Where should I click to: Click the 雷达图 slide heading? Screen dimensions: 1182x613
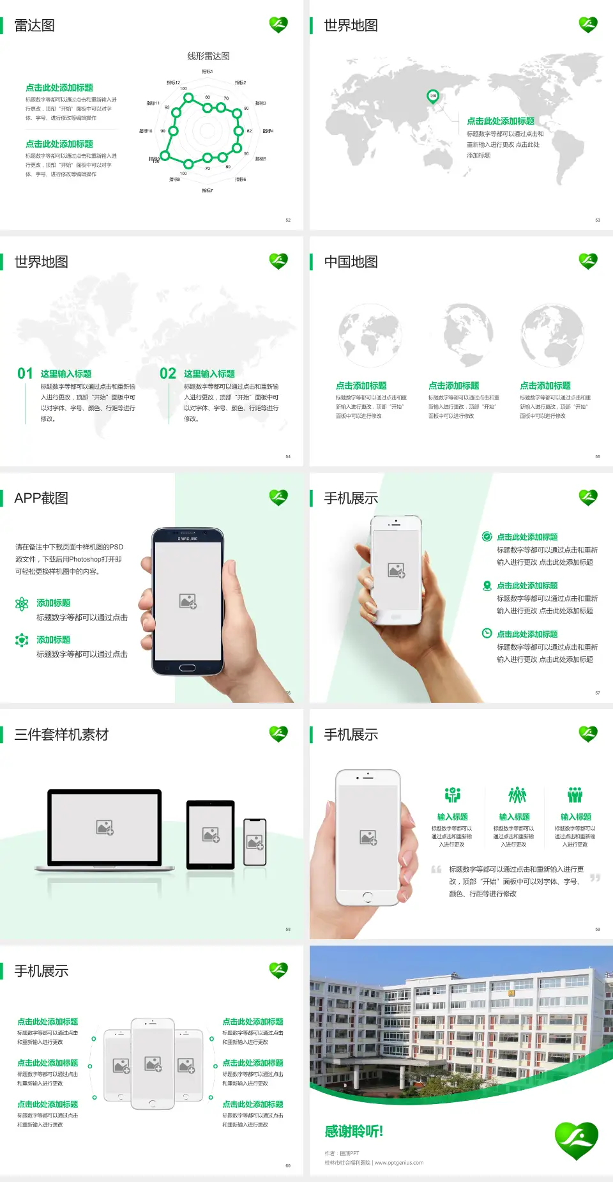tap(34, 26)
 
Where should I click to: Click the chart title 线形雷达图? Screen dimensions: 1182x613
tap(208, 56)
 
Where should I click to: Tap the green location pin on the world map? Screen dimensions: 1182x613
tap(433, 96)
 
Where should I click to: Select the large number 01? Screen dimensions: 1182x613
tap(25, 374)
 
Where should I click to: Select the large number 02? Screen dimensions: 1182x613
tap(168, 374)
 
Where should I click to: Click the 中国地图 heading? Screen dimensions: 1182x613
tap(351, 262)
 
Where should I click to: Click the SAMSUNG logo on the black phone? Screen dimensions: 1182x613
tap(188, 539)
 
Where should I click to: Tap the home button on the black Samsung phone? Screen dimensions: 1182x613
tap(187, 668)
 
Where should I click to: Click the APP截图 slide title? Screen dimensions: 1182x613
tap(42, 498)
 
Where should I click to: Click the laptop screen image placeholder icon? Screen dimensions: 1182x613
tap(105, 827)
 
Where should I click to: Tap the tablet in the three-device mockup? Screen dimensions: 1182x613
tap(211, 834)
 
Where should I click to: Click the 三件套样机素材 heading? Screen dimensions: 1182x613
tap(61, 735)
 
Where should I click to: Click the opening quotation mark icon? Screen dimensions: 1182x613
tap(437, 870)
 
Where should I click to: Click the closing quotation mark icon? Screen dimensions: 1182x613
tap(595, 878)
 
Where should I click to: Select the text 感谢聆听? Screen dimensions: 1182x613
tap(354, 1132)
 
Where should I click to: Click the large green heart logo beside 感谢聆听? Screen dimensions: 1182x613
tap(576, 1140)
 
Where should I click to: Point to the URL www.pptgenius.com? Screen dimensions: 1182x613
tap(399, 1163)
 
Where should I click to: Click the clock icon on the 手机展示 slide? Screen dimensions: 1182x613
tap(487, 633)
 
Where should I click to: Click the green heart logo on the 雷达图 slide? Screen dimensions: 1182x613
tap(278, 25)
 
